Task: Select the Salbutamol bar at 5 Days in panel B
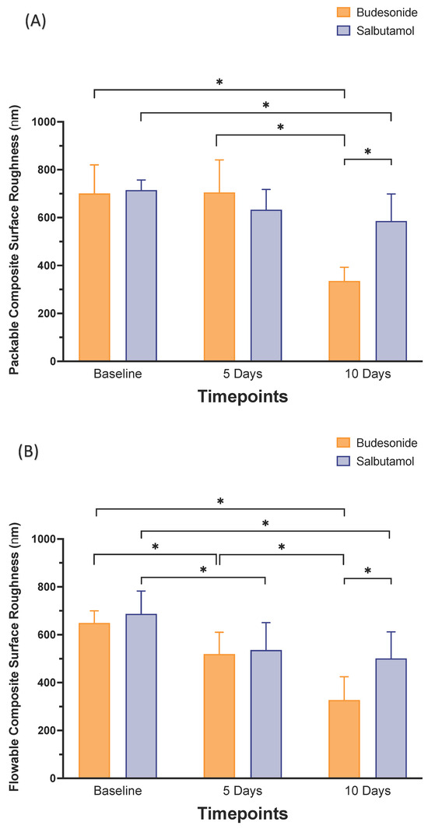265,714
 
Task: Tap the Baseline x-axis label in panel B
117,792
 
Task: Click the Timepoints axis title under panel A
242,397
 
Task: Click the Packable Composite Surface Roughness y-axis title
15,241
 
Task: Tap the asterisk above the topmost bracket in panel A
219,83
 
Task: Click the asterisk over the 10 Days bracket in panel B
367,571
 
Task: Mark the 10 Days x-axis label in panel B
367,792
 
